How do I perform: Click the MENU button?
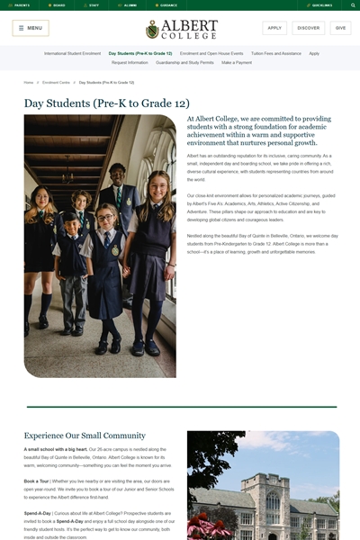pyautogui.click(x=31, y=28)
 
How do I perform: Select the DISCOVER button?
pyautogui.click(x=309, y=28)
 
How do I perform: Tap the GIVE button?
pyautogui.click(x=340, y=28)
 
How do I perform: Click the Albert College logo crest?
pyautogui.click(x=152, y=29)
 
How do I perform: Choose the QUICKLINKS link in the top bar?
pyautogui.click(x=321, y=4)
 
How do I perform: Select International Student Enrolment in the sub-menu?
pyautogui.click(x=72, y=53)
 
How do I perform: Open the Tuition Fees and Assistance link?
pyautogui.click(x=276, y=53)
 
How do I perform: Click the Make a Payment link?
pyautogui.click(x=237, y=63)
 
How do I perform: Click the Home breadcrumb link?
pyautogui.click(x=29, y=82)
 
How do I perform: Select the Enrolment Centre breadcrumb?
pyautogui.click(x=56, y=82)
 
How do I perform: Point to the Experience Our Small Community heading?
pyautogui.click(x=85, y=436)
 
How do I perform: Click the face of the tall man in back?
pyautogui.click(x=117, y=173)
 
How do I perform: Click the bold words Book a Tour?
pyautogui.click(x=37, y=481)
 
